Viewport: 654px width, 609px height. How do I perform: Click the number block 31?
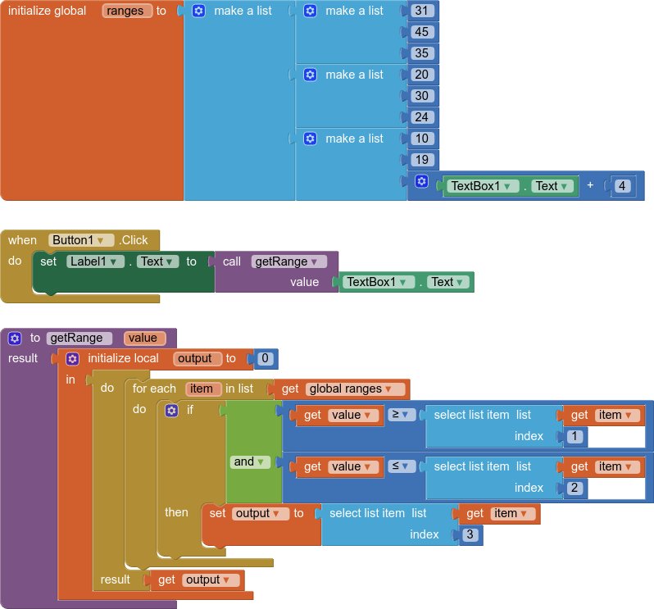(x=422, y=11)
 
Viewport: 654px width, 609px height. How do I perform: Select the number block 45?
(x=422, y=32)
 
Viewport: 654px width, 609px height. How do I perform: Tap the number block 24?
(x=422, y=117)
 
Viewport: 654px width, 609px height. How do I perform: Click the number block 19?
(x=422, y=160)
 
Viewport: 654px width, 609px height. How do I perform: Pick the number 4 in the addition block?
(x=622, y=186)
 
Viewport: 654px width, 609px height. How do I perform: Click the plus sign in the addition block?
(x=590, y=186)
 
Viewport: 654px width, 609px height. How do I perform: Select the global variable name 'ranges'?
(x=126, y=11)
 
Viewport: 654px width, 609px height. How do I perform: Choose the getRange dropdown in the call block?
(x=289, y=261)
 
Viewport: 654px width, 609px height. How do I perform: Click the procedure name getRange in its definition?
(x=79, y=338)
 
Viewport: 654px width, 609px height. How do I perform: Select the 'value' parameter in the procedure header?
(x=145, y=338)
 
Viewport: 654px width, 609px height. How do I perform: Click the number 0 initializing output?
(x=265, y=358)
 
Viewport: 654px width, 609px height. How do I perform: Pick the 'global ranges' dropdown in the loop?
(x=355, y=389)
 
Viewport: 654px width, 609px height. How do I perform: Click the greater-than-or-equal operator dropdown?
(x=402, y=415)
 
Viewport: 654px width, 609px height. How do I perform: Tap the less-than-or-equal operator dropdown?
(x=402, y=466)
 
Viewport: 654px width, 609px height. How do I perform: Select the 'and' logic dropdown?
(x=250, y=461)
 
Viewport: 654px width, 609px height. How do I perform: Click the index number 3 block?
(x=470, y=534)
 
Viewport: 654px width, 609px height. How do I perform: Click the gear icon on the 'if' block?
(x=171, y=410)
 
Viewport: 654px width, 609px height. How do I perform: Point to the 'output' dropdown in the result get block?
(x=211, y=579)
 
